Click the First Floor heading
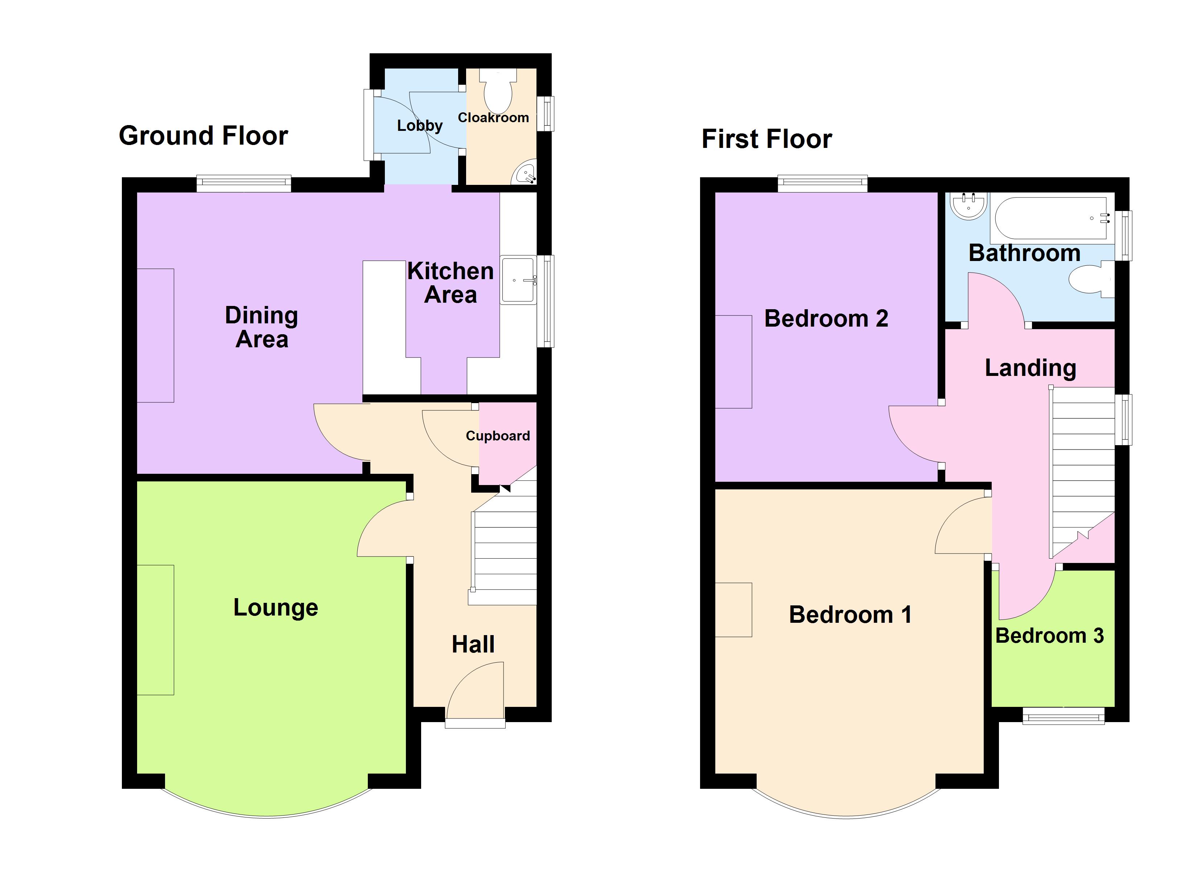coord(766,139)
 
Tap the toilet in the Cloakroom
coord(498,90)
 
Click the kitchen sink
coord(518,280)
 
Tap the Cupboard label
coord(498,436)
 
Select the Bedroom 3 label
coord(1049,636)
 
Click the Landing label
coord(1030,368)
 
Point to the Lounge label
coord(276,608)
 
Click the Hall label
coord(473,645)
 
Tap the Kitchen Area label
coord(450,283)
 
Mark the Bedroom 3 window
coord(1064,716)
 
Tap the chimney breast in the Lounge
coord(156,630)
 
